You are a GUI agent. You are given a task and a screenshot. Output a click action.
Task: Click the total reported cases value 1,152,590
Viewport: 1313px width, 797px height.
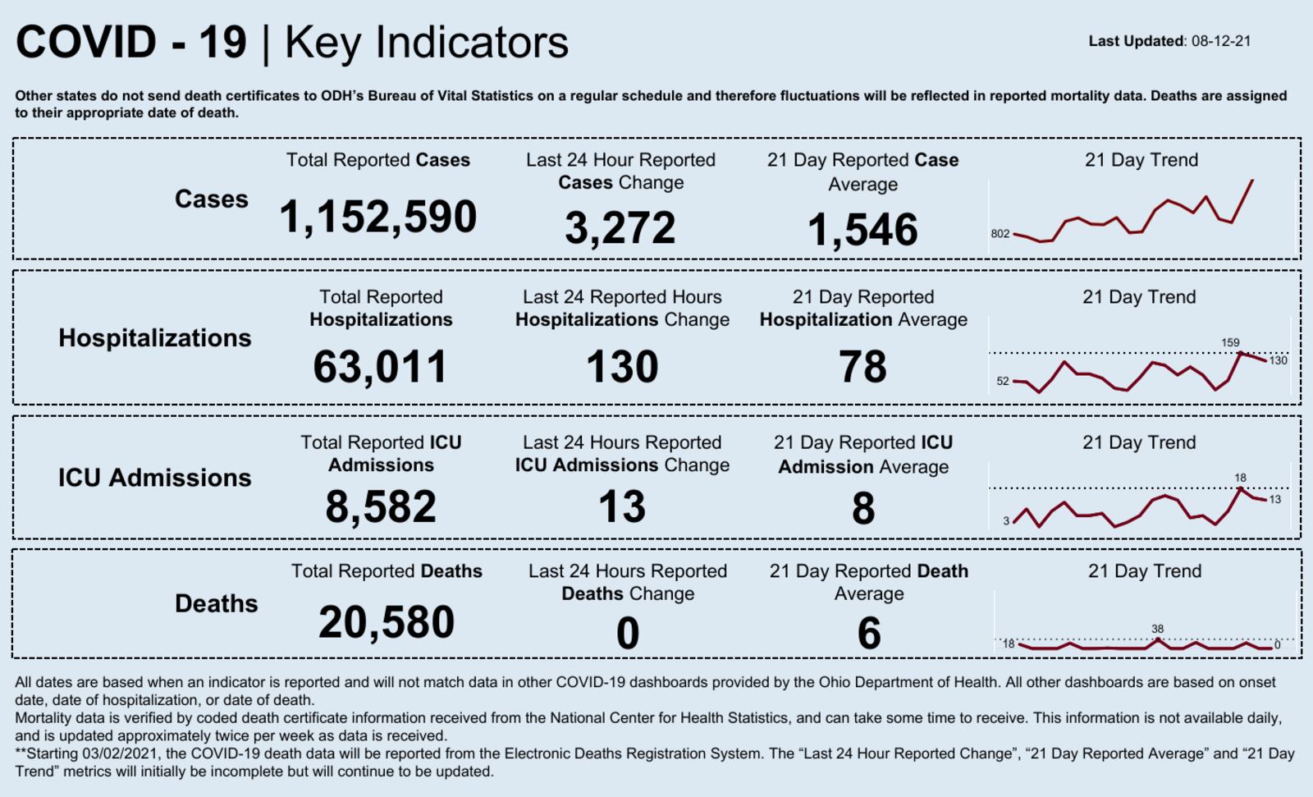pos(377,218)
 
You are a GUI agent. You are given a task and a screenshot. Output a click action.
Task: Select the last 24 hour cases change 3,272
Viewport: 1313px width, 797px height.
pos(620,228)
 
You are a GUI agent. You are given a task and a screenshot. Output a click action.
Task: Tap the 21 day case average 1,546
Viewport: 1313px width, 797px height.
pos(862,230)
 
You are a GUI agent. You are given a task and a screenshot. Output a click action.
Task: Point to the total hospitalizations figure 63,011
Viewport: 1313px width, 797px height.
pos(380,367)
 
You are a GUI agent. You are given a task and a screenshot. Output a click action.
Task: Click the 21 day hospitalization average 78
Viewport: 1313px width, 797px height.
pos(862,367)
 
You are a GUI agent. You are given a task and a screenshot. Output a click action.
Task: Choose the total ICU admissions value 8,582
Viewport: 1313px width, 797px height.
pos(381,506)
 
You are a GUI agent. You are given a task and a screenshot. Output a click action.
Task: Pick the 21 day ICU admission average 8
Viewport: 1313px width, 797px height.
pos(862,508)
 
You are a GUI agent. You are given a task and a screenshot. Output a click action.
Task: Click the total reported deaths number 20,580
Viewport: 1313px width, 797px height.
pos(387,622)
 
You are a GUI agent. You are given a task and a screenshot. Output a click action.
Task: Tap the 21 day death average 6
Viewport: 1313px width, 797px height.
pos(868,634)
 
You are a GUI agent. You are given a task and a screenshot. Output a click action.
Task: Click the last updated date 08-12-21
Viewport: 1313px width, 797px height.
pos(1221,41)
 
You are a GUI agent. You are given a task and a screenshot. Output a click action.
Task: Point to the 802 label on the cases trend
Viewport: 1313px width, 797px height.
pos(1000,234)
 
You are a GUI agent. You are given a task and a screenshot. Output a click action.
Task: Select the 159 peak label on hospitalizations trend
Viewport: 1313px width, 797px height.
pos(1230,342)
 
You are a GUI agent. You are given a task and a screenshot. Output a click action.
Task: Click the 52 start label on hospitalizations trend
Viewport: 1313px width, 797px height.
pos(1003,381)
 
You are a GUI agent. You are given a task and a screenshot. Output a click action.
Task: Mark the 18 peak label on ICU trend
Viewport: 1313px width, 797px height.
pos(1240,477)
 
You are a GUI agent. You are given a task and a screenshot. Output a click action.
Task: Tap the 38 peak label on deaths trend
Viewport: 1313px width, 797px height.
pos(1157,629)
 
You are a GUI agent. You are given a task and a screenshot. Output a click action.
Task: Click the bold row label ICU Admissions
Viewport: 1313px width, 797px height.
pos(154,478)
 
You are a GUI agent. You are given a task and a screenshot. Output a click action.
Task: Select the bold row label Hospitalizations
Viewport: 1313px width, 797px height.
pos(154,338)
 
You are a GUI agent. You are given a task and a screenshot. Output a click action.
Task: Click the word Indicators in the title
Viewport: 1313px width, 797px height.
pos(472,43)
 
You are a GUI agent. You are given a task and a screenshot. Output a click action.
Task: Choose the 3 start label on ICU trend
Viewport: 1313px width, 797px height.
pos(1006,520)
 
